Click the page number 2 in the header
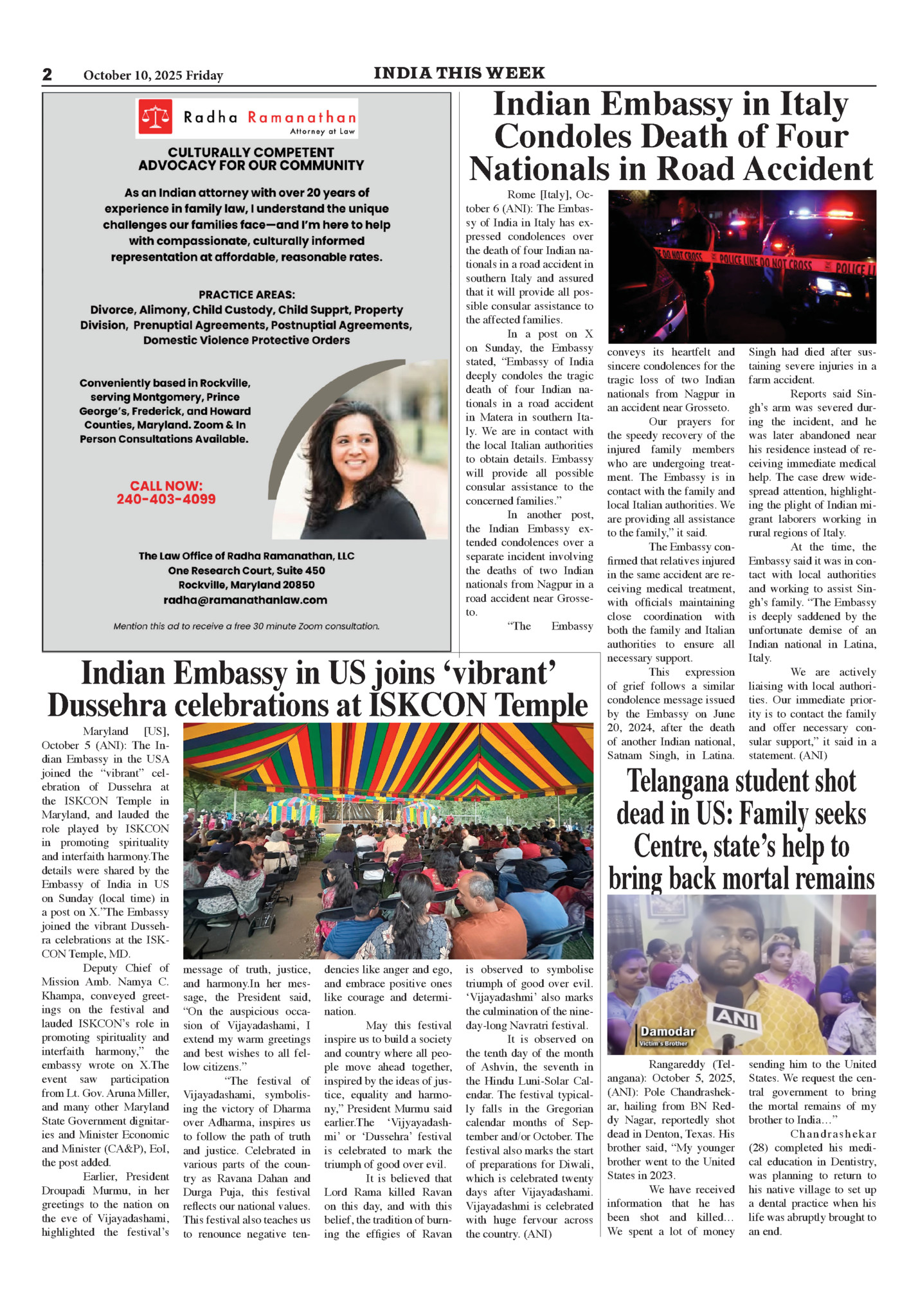click(47, 75)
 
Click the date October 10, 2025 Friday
click(153, 75)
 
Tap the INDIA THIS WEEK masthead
click(459, 73)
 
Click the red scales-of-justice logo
click(156, 116)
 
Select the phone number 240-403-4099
click(166, 499)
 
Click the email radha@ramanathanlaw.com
click(245, 600)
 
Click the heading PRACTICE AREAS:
click(246, 294)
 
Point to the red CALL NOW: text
click(166, 485)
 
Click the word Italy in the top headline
click(812, 105)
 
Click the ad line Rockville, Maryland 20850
click(246, 585)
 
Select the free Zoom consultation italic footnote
click(246, 626)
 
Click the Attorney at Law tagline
click(322, 131)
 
